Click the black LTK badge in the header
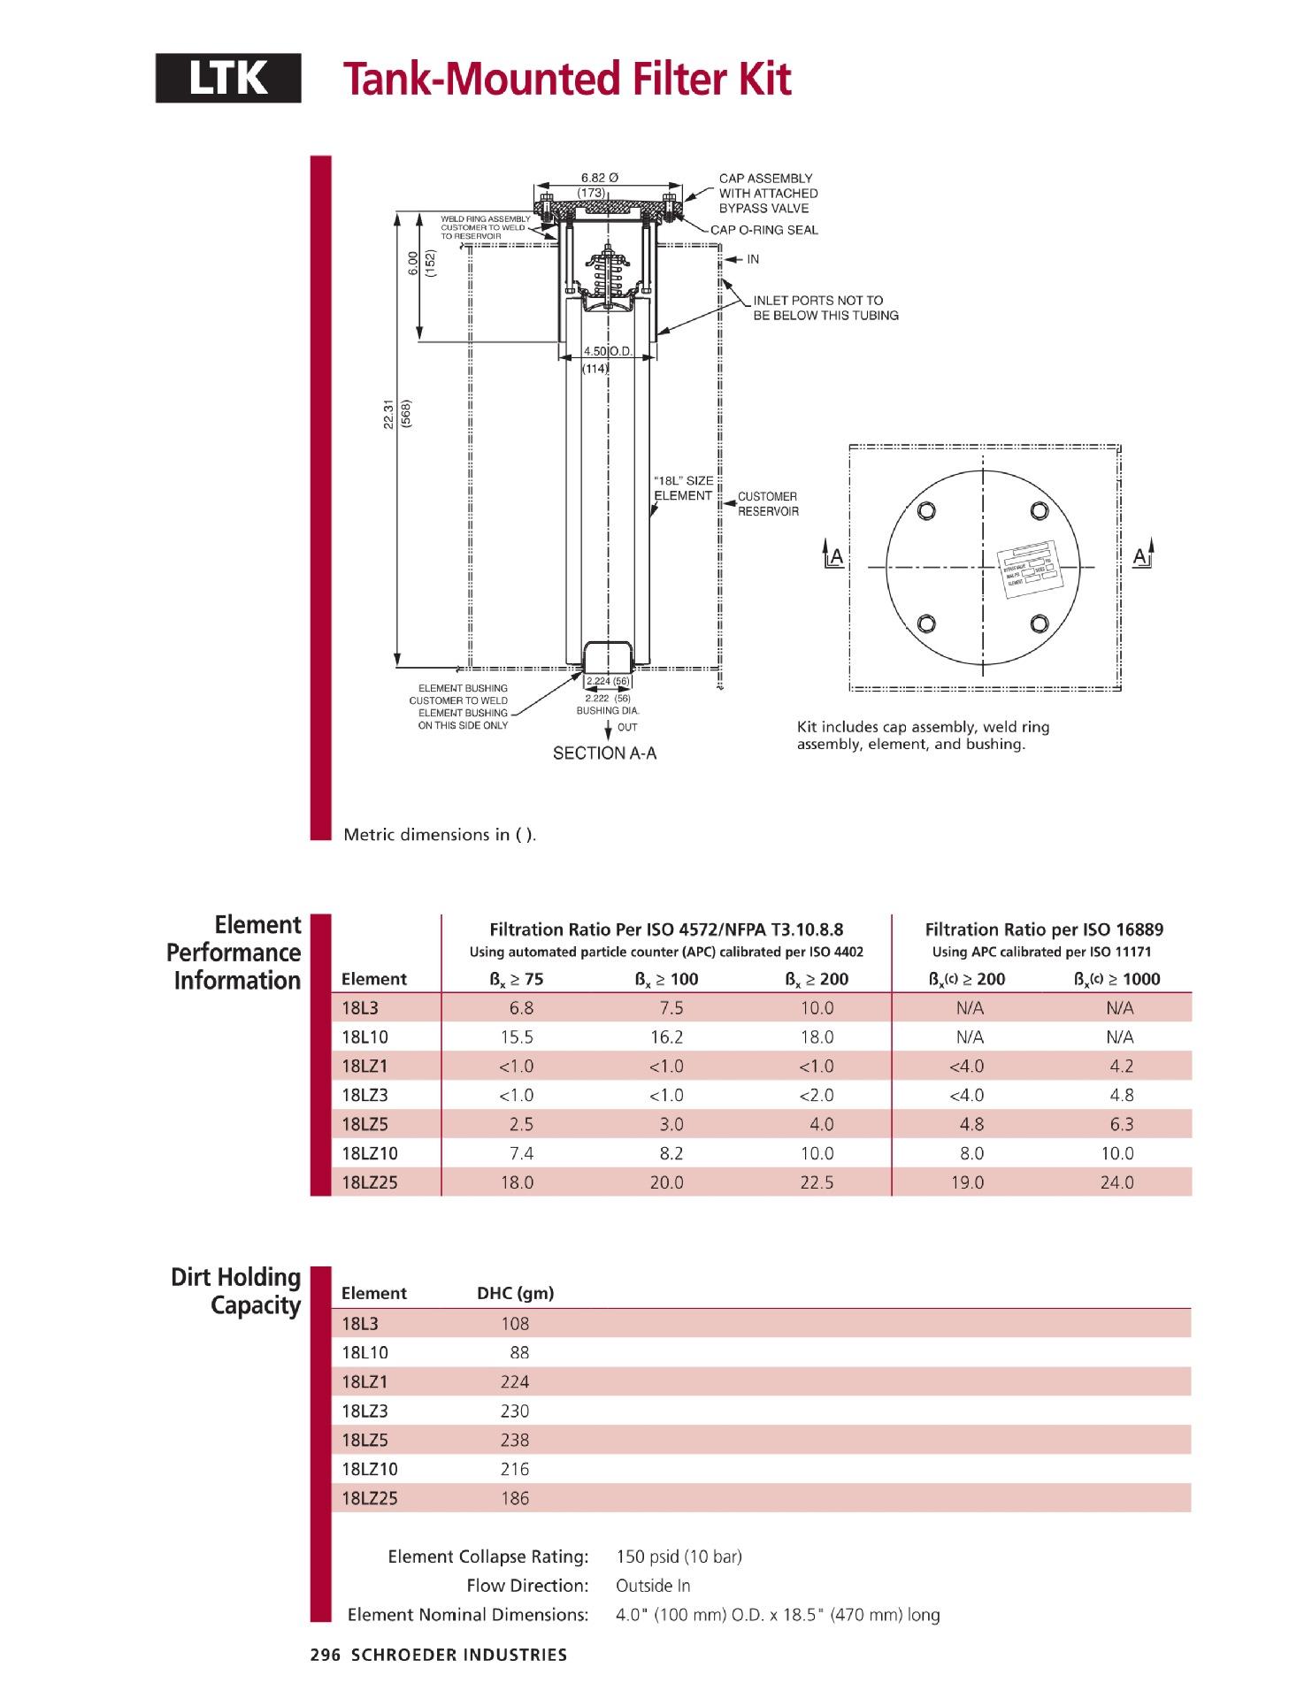tap(228, 79)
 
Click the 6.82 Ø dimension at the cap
tap(599, 177)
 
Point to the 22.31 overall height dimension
tap(388, 414)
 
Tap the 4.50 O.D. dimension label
tap(606, 351)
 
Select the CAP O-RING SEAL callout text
tap(764, 230)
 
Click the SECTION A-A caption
tap(604, 753)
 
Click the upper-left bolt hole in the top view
tap(925, 511)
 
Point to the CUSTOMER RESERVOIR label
tap(767, 504)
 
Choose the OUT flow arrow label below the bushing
tap(626, 727)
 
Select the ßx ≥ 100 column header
tap(666, 979)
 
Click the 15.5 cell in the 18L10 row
tap(517, 1036)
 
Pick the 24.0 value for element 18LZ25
tap(1117, 1182)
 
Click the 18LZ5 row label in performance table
tap(364, 1124)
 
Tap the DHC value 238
tap(515, 1440)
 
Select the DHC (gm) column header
tap(515, 1293)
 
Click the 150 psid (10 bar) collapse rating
tap(679, 1556)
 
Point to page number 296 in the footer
tap(325, 1655)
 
